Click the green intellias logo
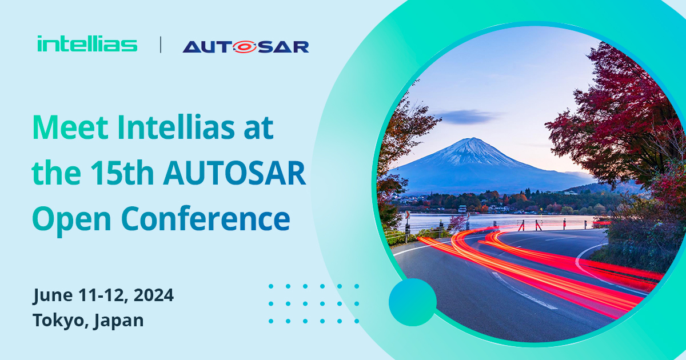87,44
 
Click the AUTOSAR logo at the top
246,46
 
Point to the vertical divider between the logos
160,45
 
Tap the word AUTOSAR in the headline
234,174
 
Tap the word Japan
118,320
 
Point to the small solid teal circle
412,302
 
